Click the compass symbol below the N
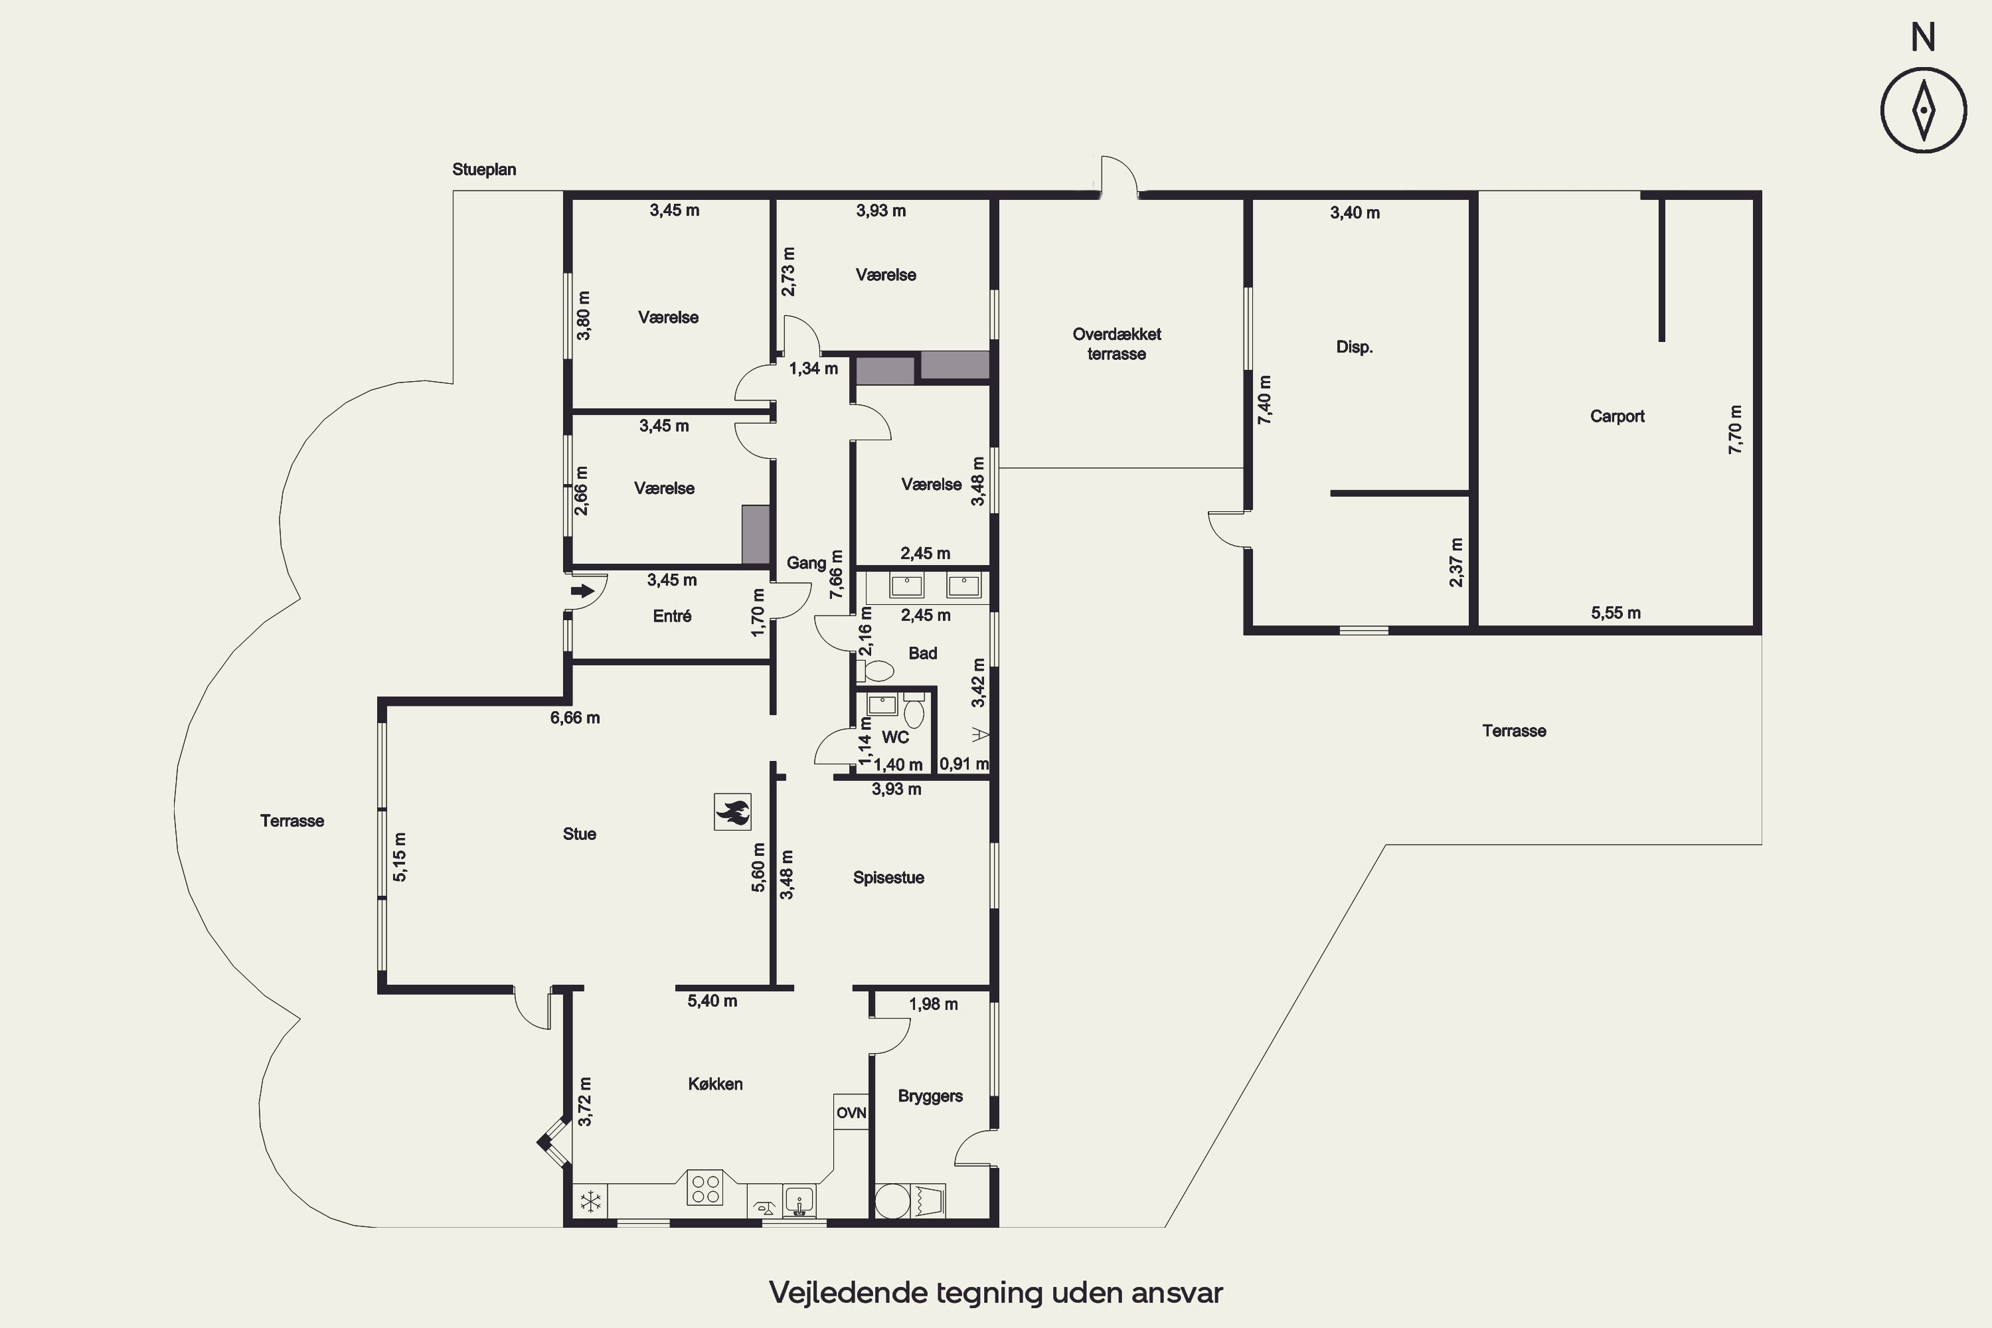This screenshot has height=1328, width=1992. click(x=1924, y=110)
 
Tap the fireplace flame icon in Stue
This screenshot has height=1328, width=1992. click(x=732, y=811)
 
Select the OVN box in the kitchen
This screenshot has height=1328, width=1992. click(x=851, y=1112)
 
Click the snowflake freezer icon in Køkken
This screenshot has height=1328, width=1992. click(x=590, y=1201)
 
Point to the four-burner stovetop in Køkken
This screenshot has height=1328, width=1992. click(x=705, y=1187)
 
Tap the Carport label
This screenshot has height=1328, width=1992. click(x=1617, y=416)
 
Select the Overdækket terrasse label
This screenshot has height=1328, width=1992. click(x=1116, y=344)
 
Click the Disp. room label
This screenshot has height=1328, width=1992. click(x=1355, y=347)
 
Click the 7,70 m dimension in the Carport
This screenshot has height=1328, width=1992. click(x=1736, y=430)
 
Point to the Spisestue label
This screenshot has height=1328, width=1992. click(x=888, y=877)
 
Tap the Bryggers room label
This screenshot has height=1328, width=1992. click(x=930, y=1096)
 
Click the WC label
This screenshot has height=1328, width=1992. click(x=895, y=737)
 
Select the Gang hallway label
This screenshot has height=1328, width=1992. click(x=806, y=563)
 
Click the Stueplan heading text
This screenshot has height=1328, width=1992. click(x=483, y=169)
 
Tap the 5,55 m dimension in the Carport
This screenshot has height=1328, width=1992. click(x=1615, y=613)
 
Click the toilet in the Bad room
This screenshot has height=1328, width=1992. click(x=875, y=671)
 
